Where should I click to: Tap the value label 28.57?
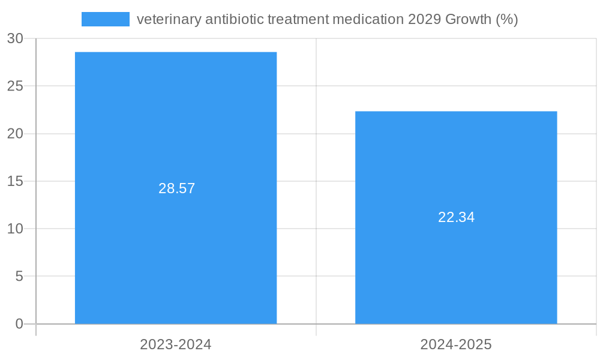click(177, 188)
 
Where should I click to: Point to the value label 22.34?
click(457, 217)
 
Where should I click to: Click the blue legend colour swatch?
click(106, 19)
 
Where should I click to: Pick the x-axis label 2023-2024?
click(176, 344)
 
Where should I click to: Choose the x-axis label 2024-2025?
click(456, 344)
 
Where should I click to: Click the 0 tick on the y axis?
click(19, 324)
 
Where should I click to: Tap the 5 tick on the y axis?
click(19, 277)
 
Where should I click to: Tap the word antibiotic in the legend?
click(234, 20)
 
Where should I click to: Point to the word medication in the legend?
click(368, 20)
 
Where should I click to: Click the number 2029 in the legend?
click(424, 20)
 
